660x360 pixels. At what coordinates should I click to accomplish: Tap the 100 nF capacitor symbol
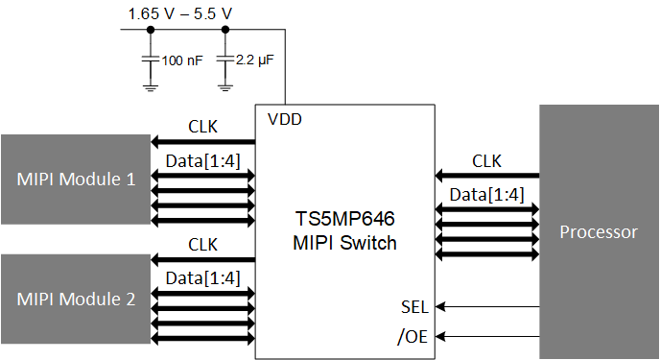tap(150, 60)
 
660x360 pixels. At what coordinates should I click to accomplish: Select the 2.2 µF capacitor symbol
tap(224, 60)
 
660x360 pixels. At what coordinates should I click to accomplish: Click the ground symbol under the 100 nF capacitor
tap(150, 86)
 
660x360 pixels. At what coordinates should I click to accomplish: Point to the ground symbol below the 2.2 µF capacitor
tap(224, 86)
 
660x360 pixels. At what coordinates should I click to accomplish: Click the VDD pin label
tap(283, 120)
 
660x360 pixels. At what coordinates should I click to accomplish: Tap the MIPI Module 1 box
tap(75, 179)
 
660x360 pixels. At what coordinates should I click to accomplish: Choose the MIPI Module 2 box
tap(75, 299)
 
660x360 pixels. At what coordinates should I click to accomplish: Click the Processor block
tap(599, 231)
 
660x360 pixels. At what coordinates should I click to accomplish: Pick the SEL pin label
tap(414, 307)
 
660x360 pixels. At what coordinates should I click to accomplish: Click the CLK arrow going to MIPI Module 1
tap(202, 141)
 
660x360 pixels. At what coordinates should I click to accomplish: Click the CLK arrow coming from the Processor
tap(487, 177)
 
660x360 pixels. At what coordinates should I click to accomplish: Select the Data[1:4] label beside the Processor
tap(487, 195)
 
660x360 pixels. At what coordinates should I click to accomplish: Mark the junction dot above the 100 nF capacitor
tap(150, 30)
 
